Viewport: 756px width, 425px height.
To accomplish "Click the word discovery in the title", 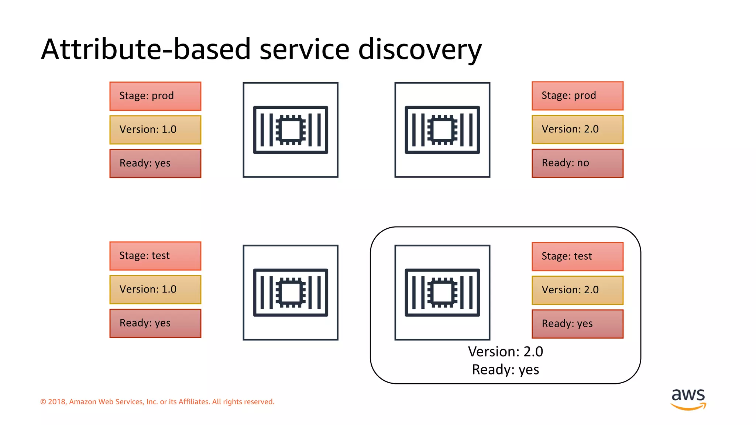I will coord(420,50).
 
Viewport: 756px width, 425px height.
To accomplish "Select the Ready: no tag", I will coord(577,163).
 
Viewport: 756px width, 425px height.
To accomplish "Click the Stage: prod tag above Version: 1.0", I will coord(155,96).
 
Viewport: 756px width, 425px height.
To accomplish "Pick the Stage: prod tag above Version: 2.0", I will coord(577,96).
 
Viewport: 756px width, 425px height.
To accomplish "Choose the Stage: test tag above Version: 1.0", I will coord(155,256).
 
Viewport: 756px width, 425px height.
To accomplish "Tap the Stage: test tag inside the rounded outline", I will coord(577,256).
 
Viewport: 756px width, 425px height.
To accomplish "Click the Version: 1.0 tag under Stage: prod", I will coord(155,129).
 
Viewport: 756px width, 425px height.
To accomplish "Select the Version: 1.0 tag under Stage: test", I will coord(155,289).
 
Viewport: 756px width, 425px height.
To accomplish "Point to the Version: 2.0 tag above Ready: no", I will coord(577,129).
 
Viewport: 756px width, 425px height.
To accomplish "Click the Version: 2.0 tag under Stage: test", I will coord(577,290).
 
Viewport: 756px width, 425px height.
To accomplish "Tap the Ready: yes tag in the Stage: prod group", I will coord(155,163).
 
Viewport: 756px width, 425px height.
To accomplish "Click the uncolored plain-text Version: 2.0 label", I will coord(505,352).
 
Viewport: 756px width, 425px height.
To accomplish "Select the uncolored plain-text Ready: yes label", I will coord(505,370).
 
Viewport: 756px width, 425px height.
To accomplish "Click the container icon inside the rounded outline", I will coord(442,293).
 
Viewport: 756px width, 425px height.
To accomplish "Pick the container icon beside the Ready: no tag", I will coord(442,130).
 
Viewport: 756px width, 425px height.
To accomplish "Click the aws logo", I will coord(688,398).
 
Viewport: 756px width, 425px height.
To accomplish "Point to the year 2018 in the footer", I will coord(56,402).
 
